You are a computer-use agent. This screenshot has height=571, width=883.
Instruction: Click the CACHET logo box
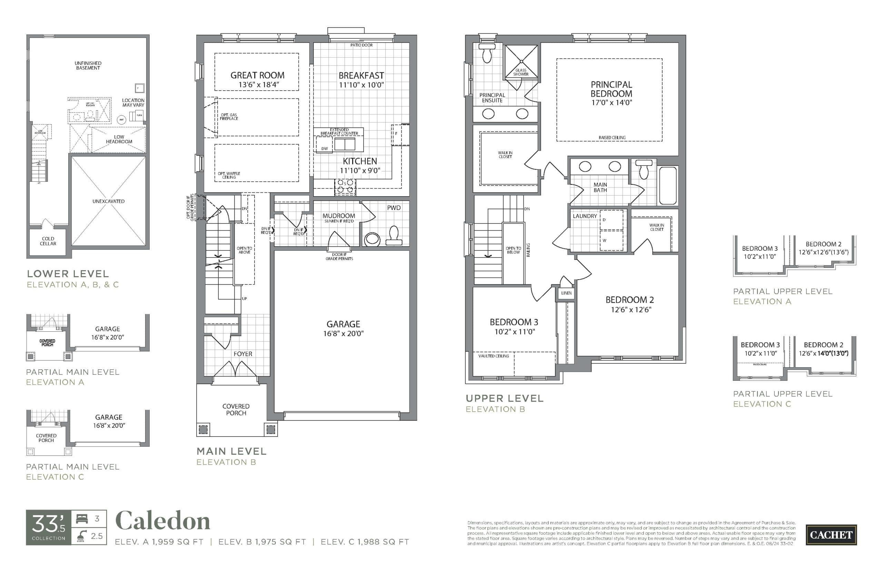(x=831, y=535)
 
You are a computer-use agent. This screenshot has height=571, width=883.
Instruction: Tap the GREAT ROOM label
(x=257, y=75)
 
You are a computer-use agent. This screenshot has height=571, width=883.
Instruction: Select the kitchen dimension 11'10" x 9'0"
(x=360, y=171)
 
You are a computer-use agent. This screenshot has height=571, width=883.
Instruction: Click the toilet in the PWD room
(x=394, y=236)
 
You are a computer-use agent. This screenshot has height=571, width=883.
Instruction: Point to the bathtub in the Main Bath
(x=667, y=186)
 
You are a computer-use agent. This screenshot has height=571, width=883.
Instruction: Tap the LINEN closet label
(x=566, y=293)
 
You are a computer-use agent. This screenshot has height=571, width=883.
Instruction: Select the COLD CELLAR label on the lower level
(x=48, y=241)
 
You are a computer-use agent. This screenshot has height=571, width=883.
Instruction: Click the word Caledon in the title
(x=163, y=521)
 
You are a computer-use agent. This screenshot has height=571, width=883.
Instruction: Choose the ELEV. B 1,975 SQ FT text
(x=262, y=542)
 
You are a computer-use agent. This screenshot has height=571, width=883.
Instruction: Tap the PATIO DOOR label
(x=361, y=45)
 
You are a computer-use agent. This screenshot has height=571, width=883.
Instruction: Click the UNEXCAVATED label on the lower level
(x=108, y=201)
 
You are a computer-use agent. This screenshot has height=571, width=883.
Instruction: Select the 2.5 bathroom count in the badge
(x=97, y=536)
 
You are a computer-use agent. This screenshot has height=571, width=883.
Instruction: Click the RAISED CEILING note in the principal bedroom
(x=612, y=138)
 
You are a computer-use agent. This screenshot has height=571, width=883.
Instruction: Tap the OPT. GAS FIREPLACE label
(x=229, y=117)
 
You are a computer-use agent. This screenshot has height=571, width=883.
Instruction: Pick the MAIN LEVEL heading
(x=231, y=451)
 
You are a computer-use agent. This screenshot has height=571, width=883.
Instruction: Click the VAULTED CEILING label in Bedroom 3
(x=493, y=356)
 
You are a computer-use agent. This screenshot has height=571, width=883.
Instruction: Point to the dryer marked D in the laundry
(x=611, y=220)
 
